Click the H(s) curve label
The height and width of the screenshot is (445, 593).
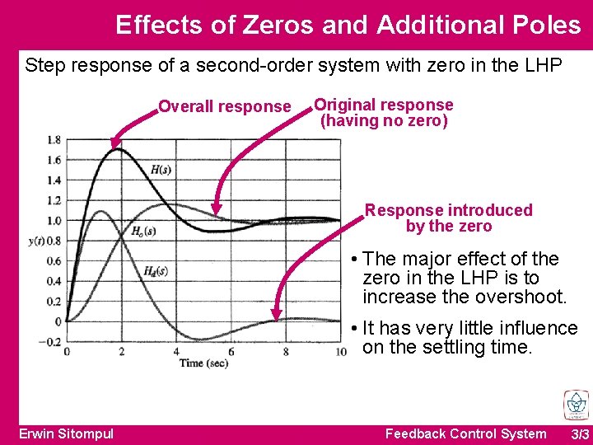(161, 170)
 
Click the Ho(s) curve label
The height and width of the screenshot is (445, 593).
(143, 232)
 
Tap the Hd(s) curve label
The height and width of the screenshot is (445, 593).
(155, 270)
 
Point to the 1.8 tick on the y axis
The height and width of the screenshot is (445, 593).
(54, 140)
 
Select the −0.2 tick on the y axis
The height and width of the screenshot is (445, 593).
(51, 341)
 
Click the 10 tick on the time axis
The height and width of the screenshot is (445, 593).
(340, 353)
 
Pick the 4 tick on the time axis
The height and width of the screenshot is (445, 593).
(176, 353)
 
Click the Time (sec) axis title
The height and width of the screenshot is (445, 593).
(204, 363)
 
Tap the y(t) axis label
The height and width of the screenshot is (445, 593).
(37, 241)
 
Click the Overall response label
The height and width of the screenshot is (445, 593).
(224, 106)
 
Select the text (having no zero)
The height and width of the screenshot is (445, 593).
(384, 121)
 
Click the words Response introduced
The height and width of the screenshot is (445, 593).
(449, 210)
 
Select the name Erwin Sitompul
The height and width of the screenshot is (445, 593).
(66, 433)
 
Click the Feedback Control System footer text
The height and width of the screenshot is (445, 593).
(465, 433)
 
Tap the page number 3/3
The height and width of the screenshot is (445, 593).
(580, 433)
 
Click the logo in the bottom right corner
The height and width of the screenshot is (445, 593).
(576, 405)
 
